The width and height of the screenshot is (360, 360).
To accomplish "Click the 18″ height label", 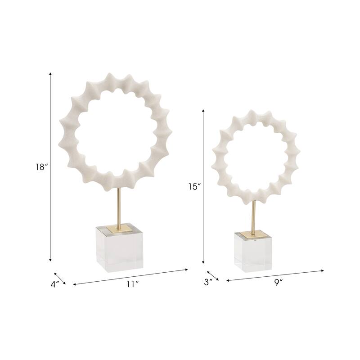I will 41,167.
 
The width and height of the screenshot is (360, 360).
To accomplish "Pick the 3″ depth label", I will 207,282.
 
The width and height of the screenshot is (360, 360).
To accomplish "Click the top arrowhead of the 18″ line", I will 50,73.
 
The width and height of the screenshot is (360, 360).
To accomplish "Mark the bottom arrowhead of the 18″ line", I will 50,260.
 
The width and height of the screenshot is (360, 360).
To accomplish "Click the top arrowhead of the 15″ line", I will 203,109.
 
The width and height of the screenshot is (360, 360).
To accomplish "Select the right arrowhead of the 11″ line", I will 186,270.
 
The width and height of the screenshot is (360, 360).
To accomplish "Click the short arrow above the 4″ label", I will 60,279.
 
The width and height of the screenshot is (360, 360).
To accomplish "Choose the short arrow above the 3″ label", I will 213,276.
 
